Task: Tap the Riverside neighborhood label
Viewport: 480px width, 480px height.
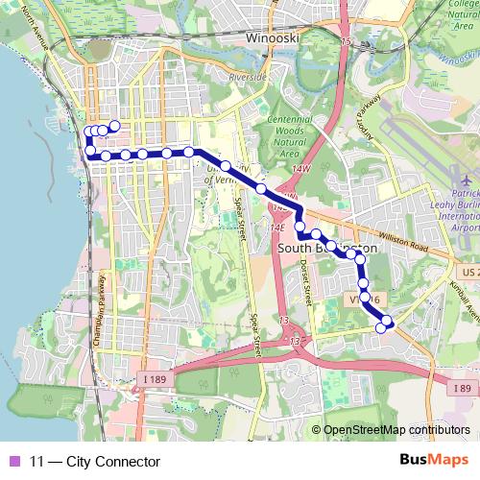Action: pyautogui.click(x=247, y=76)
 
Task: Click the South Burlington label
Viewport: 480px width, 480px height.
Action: pyautogui.click(x=324, y=248)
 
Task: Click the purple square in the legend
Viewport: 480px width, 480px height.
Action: pyautogui.click(x=14, y=462)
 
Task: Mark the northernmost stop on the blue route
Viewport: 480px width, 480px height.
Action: pyautogui.click(x=114, y=126)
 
